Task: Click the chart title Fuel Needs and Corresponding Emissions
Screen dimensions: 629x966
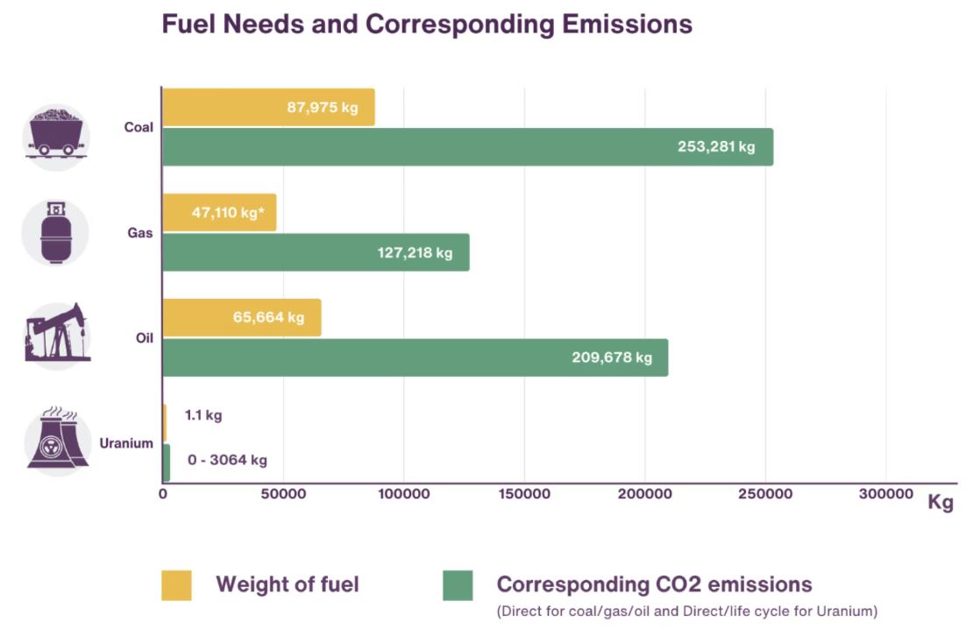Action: pos(427,24)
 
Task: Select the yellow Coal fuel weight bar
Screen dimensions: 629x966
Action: pos(268,107)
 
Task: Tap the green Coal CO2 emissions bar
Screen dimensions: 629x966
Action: pos(467,146)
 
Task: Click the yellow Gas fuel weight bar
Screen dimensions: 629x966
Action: pos(219,213)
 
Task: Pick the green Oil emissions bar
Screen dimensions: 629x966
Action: pos(415,357)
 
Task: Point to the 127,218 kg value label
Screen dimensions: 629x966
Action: pos(416,253)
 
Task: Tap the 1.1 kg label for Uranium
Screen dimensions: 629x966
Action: pos(203,414)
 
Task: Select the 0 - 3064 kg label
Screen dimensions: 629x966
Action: pos(227,459)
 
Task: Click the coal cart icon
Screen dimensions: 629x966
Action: pos(56,132)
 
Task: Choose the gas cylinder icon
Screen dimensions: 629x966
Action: pos(56,232)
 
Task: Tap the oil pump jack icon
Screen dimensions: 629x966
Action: pos(56,333)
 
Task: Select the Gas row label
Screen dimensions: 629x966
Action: pos(139,235)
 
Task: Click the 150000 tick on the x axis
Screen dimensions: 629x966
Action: pos(524,495)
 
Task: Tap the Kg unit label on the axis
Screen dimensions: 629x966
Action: pos(941,504)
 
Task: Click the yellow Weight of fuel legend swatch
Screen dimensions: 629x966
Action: pos(176,585)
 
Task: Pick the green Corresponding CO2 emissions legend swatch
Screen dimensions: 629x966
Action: pos(458,585)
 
